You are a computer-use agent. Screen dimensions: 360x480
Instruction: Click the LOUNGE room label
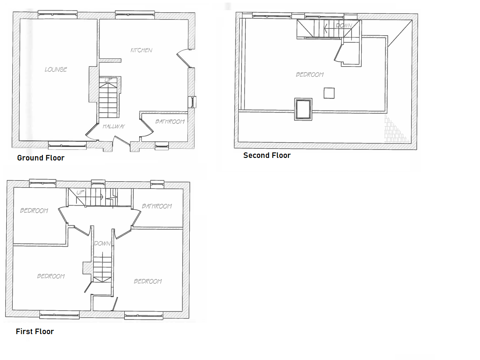(x=56, y=70)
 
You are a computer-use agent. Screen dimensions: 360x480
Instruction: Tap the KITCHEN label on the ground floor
(x=141, y=50)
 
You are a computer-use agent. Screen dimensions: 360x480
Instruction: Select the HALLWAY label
(x=114, y=126)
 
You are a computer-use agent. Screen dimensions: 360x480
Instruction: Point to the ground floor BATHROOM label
(x=170, y=122)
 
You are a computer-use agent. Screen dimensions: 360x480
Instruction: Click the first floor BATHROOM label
(x=157, y=206)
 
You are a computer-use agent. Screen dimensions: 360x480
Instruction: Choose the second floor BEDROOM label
(x=310, y=75)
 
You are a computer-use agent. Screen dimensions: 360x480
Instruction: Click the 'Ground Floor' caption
(x=41, y=158)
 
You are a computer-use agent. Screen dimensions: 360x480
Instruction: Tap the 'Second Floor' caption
(x=267, y=155)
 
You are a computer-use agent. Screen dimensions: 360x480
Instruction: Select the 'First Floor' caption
(x=35, y=332)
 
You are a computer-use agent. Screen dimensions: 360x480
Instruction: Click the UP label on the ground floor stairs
(x=108, y=80)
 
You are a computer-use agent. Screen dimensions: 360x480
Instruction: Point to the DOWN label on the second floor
(x=344, y=26)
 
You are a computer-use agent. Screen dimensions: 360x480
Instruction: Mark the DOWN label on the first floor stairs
(x=102, y=244)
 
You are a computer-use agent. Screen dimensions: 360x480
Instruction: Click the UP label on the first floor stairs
(x=81, y=192)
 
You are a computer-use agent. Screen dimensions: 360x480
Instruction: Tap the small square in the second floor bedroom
(x=329, y=93)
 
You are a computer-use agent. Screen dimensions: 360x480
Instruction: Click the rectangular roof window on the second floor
(x=303, y=109)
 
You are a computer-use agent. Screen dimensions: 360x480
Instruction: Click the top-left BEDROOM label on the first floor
(x=34, y=211)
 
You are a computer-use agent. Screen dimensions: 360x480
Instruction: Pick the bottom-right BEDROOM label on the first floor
(x=148, y=281)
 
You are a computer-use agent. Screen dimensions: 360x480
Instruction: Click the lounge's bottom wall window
(x=67, y=146)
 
